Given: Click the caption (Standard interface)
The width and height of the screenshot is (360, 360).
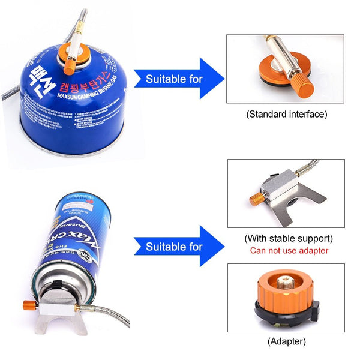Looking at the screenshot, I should point(286,113).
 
